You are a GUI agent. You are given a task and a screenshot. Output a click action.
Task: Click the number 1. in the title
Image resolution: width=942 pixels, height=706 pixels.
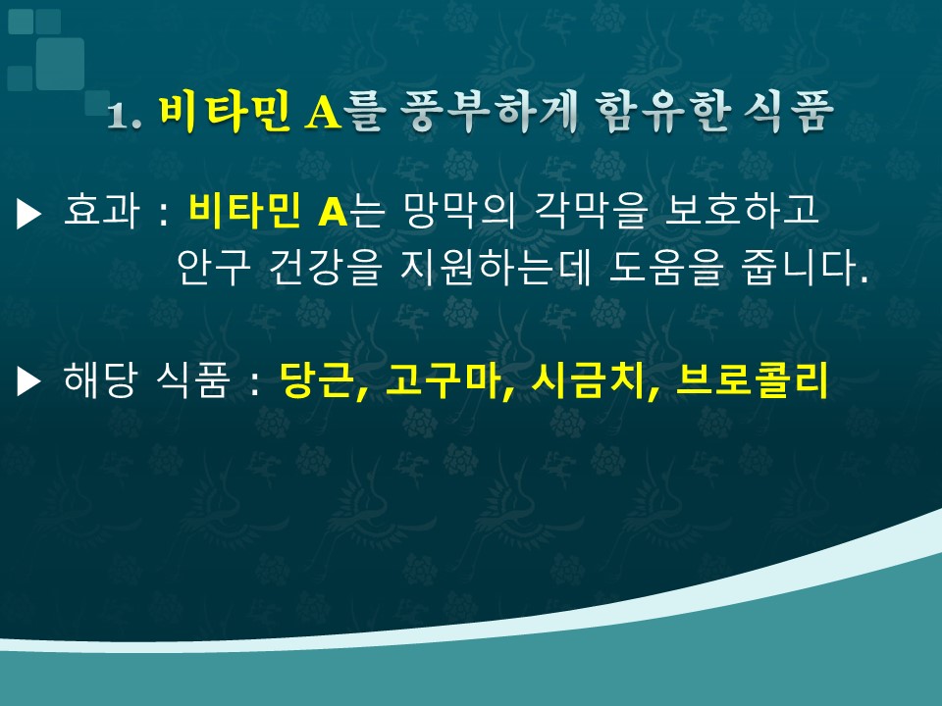[x=125, y=115]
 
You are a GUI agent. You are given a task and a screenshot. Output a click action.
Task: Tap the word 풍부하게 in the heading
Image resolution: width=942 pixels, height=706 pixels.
[x=488, y=112]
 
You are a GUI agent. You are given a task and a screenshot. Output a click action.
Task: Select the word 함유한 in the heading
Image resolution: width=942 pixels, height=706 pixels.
[x=662, y=112]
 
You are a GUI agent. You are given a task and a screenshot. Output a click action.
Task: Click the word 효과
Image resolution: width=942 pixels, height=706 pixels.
[x=101, y=210]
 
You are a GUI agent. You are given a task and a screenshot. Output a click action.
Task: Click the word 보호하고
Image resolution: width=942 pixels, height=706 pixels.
[x=742, y=210]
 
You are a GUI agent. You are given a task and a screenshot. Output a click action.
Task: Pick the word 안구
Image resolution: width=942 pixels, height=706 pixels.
[x=213, y=267]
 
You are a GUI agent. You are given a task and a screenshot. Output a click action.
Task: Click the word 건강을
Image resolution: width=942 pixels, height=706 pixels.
[x=325, y=267]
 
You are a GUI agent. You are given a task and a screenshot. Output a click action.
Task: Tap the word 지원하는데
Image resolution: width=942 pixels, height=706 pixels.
[x=497, y=267]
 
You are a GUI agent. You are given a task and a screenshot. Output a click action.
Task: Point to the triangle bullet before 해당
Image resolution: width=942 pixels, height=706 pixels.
[x=28, y=381]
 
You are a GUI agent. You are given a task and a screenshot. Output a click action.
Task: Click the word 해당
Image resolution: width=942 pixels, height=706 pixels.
[x=100, y=380]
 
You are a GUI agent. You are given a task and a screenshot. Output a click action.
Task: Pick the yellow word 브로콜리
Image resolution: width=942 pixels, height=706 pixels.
[x=753, y=380]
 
